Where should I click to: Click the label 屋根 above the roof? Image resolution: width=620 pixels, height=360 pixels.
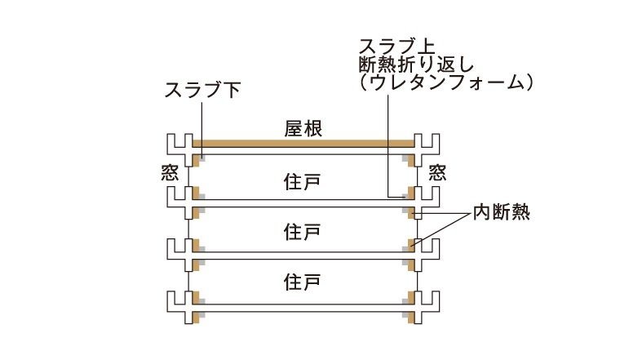point(303,129)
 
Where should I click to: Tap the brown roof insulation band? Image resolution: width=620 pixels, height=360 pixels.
point(303,143)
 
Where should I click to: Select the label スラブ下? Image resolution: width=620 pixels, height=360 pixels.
point(202,90)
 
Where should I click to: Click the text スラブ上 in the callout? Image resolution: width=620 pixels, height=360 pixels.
point(396,47)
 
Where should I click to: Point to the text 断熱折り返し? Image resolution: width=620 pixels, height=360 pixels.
point(416,64)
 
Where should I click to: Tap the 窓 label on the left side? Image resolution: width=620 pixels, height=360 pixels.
point(170,173)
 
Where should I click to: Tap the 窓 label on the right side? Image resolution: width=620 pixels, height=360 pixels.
point(438,173)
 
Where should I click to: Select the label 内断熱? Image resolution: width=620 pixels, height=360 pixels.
point(502,212)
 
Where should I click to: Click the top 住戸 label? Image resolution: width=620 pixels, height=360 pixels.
point(302,181)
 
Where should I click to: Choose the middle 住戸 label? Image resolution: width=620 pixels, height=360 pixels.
point(302,232)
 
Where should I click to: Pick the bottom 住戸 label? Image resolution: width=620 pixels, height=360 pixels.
point(302,282)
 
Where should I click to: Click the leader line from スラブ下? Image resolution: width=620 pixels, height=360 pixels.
point(202,130)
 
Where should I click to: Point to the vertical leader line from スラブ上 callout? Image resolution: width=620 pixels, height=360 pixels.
point(387,145)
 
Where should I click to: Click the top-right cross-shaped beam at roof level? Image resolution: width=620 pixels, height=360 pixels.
point(427,145)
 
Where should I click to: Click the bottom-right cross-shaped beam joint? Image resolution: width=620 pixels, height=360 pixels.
point(427,308)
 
